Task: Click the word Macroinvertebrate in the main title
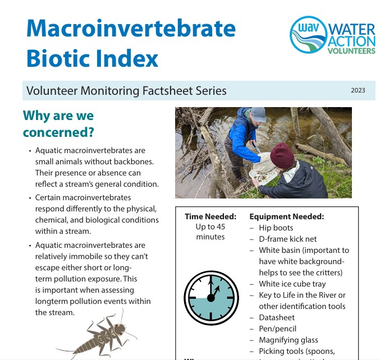click(131, 28)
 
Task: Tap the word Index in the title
click(127, 58)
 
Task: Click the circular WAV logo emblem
click(309, 35)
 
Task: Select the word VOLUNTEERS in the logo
click(351, 51)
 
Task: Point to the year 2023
click(358, 90)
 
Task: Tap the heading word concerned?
click(58, 132)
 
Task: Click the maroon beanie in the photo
click(282, 155)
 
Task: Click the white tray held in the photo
click(263, 176)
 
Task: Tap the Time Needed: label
click(210, 216)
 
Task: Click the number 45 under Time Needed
click(221, 227)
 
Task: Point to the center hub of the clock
click(211, 298)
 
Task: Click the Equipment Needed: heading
click(287, 216)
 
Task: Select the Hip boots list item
click(276, 228)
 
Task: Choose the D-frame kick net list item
click(287, 239)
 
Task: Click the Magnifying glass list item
click(289, 340)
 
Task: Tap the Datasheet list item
click(277, 317)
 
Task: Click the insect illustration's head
click(120, 329)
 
